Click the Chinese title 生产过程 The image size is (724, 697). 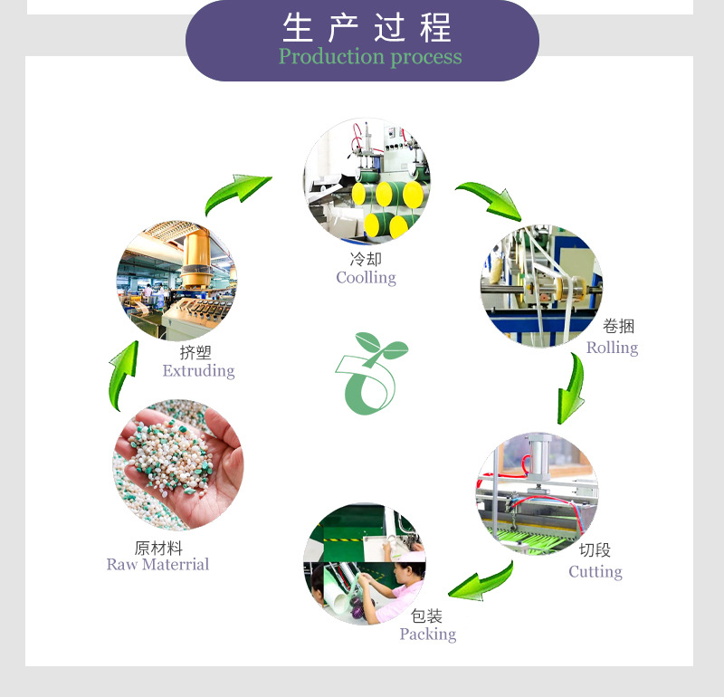click(367, 27)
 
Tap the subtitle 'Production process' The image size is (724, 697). click(369, 57)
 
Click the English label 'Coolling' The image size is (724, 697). click(366, 278)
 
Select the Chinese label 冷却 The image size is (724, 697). click(366, 260)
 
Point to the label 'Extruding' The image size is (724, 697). click(198, 371)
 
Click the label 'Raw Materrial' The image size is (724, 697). click(157, 565)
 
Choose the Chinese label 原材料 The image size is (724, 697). click(158, 548)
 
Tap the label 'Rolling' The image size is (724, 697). click(612, 348)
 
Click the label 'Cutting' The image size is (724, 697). click(595, 572)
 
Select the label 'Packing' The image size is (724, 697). click(427, 635)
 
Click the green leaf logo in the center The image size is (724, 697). click(370, 372)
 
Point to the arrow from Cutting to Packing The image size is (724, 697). click(481, 581)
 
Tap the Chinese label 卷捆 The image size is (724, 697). click(618, 328)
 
